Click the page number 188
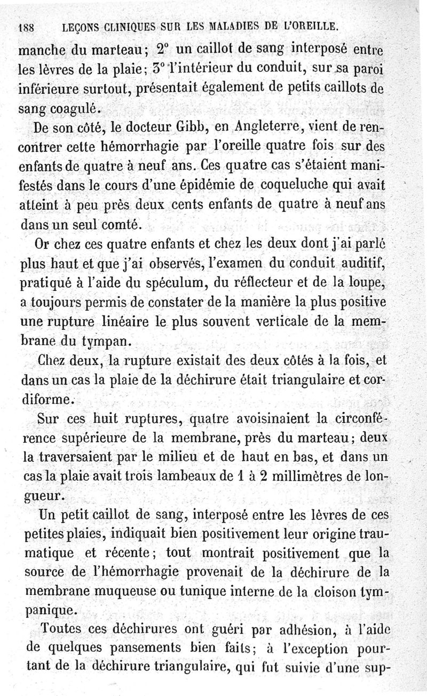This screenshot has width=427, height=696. (26, 26)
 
